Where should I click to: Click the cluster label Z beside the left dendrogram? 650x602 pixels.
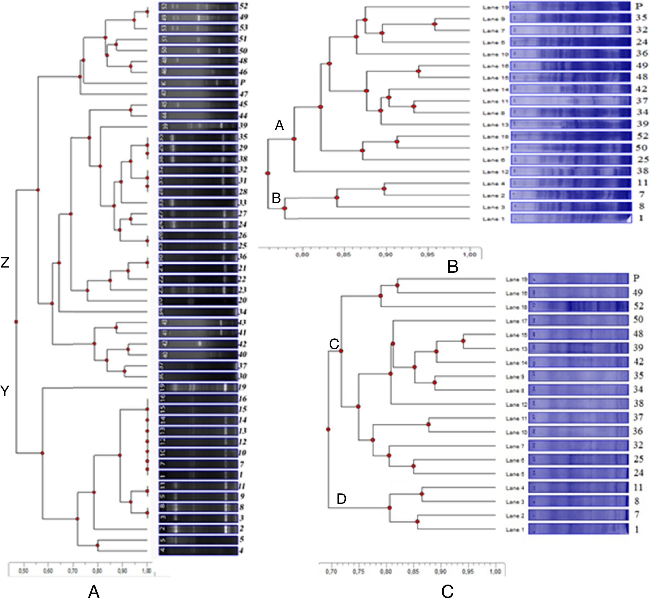(5, 263)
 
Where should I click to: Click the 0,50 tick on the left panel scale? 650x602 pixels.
(23, 571)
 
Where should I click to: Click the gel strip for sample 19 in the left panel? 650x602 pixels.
(198, 387)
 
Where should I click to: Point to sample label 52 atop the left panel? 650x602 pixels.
(243, 6)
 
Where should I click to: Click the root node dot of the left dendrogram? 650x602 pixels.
(16, 322)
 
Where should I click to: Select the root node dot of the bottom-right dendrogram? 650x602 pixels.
(328, 429)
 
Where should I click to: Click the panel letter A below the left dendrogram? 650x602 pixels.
(94, 592)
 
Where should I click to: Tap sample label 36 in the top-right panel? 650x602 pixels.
(641, 53)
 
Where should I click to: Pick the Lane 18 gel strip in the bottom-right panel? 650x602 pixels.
(578, 307)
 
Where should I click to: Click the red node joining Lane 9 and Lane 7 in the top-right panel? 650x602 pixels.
(434, 24)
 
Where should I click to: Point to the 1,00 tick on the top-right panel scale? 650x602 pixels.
(469, 255)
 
